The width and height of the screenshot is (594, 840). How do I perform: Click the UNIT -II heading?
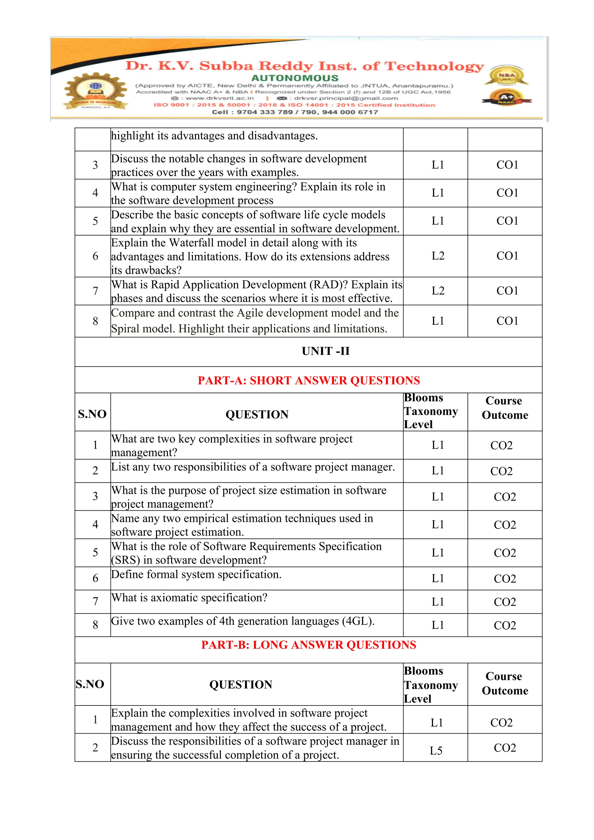pyautogui.click(x=325, y=351)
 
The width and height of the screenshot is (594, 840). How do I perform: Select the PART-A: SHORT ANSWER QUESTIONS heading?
pyautogui.click(x=309, y=380)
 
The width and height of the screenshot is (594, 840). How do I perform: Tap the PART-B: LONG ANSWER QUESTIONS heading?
pyautogui.click(x=309, y=645)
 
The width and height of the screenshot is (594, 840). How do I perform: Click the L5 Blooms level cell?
pyautogui.click(x=436, y=751)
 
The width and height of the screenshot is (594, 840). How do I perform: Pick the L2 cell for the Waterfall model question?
pyautogui.click(x=438, y=256)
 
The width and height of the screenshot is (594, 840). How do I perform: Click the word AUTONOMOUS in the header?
pyautogui.click(x=295, y=78)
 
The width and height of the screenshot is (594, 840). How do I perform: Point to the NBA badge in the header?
pyautogui.click(x=507, y=75)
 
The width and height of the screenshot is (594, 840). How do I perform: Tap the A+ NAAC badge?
pyautogui.click(x=507, y=98)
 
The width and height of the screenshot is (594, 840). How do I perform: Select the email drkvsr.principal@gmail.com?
pyautogui.click(x=346, y=98)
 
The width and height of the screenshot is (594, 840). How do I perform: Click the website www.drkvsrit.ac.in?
pyautogui.click(x=219, y=98)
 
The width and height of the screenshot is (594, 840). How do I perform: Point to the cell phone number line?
pyautogui.click(x=295, y=112)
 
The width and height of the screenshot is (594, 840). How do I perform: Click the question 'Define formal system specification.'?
pyautogui.click(x=196, y=574)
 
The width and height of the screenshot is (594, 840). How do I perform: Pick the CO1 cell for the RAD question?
pyautogui.click(x=507, y=291)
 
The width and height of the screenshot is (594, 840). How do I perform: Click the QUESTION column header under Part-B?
pyautogui.click(x=240, y=685)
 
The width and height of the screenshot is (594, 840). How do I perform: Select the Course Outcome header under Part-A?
pyautogui.click(x=504, y=408)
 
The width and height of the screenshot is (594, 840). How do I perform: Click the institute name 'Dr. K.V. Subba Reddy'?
pyautogui.click(x=220, y=66)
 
